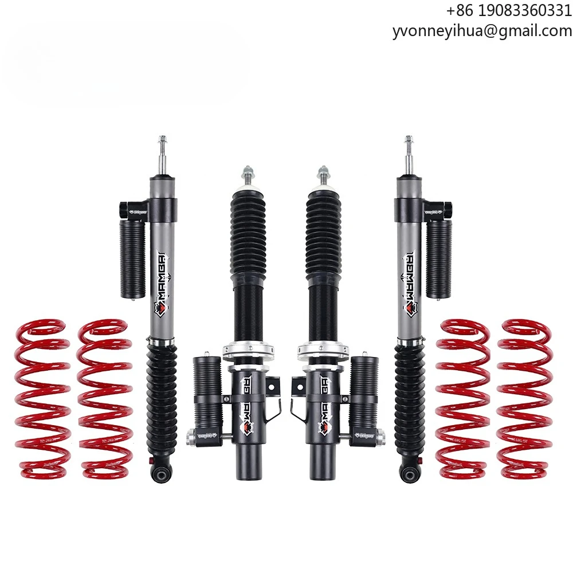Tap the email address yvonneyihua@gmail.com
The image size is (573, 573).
[482, 32]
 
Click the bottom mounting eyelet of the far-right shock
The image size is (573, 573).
[408, 473]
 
